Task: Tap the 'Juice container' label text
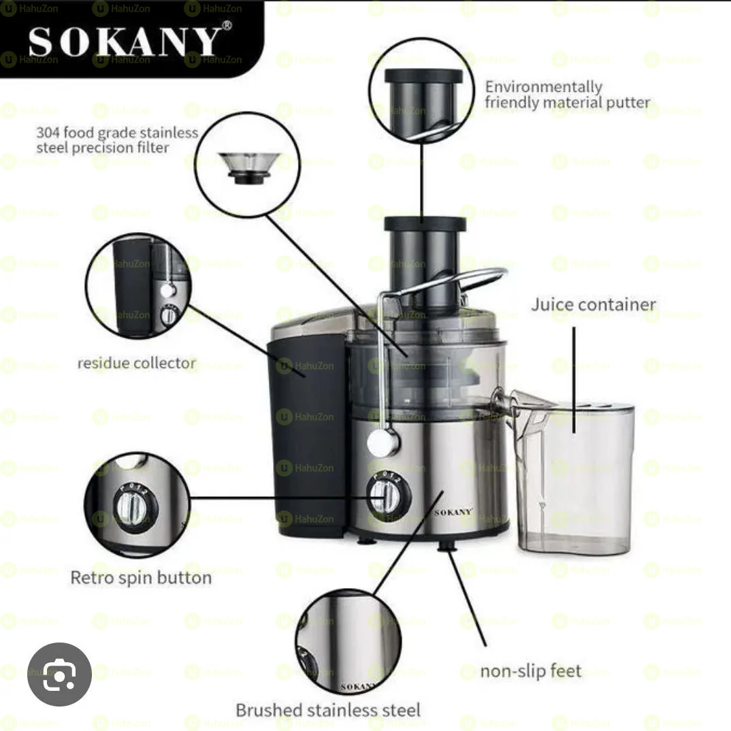(x=594, y=304)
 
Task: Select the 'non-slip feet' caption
(x=530, y=671)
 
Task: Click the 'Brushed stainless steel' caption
(x=327, y=710)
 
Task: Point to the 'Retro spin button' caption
(x=141, y=578)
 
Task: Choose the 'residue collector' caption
(x=136, y=363)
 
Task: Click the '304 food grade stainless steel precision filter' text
(x=117, y=140)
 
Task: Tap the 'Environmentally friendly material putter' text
(x=567, y=95)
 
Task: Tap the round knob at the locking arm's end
(x=383, y=443)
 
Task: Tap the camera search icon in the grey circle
(x=59, y=675)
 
